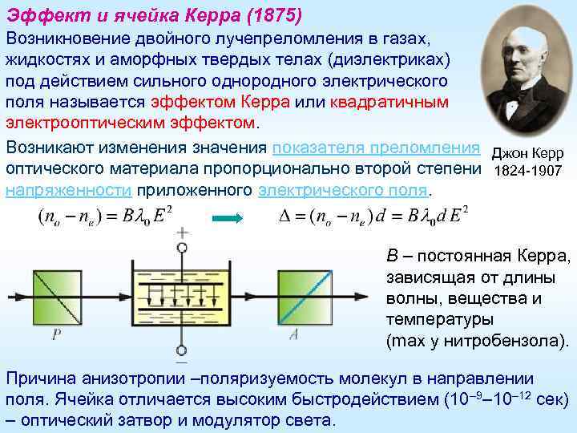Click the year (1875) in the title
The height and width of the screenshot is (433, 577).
tap(277, 15)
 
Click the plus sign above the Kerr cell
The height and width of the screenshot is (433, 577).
tap(183, 233)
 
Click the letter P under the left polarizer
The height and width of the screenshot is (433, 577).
tap(56, 335)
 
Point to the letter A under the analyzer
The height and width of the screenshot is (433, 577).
tap(293, 335)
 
